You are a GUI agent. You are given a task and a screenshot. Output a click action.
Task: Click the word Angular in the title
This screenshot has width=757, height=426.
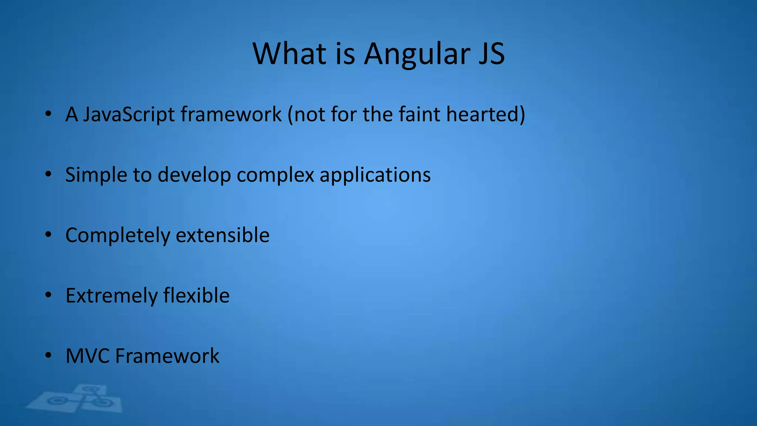[417, 55]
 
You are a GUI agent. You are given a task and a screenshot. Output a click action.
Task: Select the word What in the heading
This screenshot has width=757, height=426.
[289, 54]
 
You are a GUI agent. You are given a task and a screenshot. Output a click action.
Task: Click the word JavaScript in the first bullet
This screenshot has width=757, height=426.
[129, 115]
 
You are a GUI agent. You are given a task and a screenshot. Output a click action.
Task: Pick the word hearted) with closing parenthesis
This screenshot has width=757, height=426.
[485, 115]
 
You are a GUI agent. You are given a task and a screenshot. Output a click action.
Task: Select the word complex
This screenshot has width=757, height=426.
[275, 175]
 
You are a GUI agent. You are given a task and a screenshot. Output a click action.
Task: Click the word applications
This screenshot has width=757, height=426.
[375, 175]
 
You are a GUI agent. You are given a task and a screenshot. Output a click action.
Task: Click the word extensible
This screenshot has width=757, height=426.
[223, 235]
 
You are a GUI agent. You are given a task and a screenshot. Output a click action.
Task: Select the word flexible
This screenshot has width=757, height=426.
[196, 295]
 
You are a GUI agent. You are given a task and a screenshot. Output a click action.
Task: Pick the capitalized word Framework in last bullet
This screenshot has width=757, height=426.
[167, 356]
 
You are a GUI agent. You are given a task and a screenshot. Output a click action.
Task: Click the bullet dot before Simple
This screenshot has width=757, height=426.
[48, 174]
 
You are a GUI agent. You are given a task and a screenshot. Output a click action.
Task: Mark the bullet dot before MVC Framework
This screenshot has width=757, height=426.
[48, 355]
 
